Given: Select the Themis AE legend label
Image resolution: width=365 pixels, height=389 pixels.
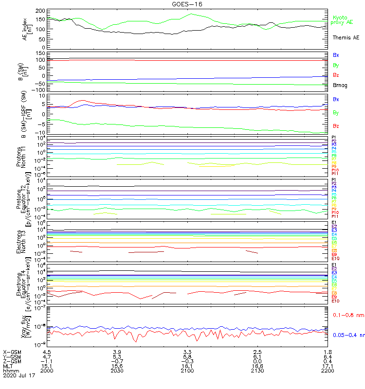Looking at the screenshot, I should pyautogui.click(x=346, y=37).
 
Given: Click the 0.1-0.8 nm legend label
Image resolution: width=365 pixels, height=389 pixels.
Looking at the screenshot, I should pyautogui.click(x=348, y=316).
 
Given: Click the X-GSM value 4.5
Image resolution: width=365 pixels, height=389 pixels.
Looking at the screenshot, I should pyautogui.click(x=47, y=352).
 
